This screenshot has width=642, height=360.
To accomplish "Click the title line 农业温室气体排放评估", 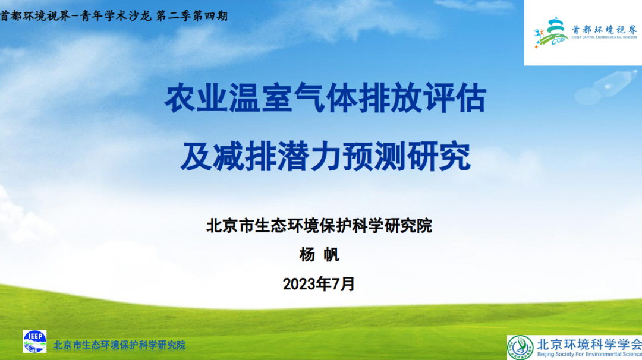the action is click(326, 98).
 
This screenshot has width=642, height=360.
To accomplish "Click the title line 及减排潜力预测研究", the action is click(326, 156).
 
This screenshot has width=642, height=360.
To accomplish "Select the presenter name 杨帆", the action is click(319, 254).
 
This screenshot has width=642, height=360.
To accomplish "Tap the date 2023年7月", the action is click(319, 284).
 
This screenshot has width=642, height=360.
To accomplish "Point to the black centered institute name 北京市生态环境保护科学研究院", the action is click(319, 226).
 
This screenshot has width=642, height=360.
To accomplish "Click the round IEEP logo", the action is click(34, 342).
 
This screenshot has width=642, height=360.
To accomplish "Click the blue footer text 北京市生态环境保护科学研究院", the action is click(119, 345).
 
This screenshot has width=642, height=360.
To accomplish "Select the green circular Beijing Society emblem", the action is click(520, 348).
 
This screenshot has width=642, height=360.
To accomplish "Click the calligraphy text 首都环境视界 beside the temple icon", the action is click(605, 30).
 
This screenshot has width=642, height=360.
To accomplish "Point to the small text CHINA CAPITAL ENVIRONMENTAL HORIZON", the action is click(605, 37).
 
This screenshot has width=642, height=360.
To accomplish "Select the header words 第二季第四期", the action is click(192, 16).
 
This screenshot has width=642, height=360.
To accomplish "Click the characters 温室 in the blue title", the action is click(260, 98).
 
